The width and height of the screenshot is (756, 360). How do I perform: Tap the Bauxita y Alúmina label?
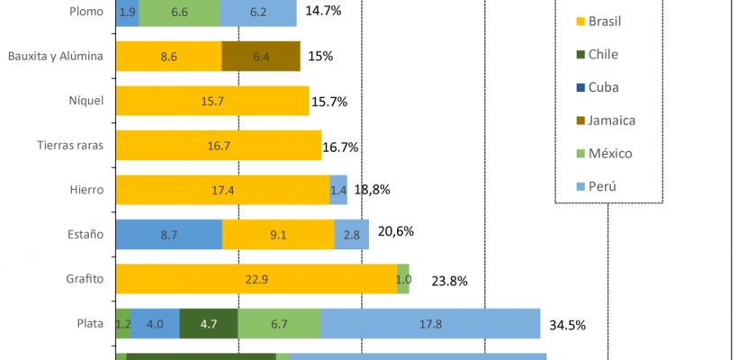coord(57,57)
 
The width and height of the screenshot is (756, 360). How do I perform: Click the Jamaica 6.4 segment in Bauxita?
coord(261,57)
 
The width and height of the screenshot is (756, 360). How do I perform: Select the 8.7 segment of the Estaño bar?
coord(169,234)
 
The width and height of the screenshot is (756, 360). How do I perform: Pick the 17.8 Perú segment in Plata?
coord(430,323)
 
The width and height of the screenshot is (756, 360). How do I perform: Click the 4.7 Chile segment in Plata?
coord(209,323)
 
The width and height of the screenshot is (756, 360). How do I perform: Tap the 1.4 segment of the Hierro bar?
coord(338,190)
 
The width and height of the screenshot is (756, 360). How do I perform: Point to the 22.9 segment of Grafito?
coord(256,279)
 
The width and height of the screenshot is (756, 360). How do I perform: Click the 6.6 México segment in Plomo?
coord(179,13)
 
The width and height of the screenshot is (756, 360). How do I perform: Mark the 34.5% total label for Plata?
coord(568,324)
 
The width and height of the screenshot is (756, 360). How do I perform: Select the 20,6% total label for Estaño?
coord(396,231)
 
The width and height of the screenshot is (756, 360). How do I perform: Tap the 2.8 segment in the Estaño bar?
coord(351,234)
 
